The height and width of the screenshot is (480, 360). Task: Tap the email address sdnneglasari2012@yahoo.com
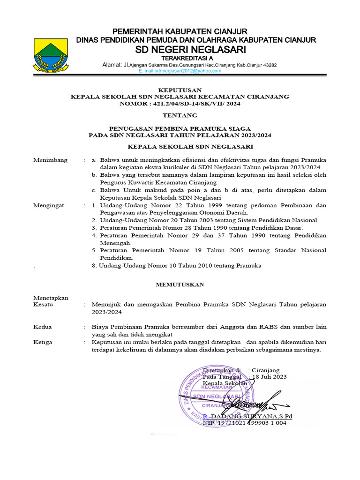(x=180, y=71)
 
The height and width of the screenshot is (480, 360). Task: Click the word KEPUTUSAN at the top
(x=180, y=90)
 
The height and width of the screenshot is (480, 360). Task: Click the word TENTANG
(x=180, y=115)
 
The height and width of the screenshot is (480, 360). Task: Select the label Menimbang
(x=50, y=160)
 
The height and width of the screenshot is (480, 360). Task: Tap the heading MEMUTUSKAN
(x=180, y=285)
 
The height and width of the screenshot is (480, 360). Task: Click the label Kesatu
(x=43, y=304)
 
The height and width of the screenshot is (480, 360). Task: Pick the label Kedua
(x=43, y=327)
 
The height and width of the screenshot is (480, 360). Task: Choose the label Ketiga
(x=43, y=342)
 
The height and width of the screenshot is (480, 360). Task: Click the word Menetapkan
(x=51, y=298)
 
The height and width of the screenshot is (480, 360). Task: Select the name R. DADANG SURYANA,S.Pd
(x=247, y=416)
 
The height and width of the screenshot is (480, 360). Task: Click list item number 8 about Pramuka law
(x=176, y=265)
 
